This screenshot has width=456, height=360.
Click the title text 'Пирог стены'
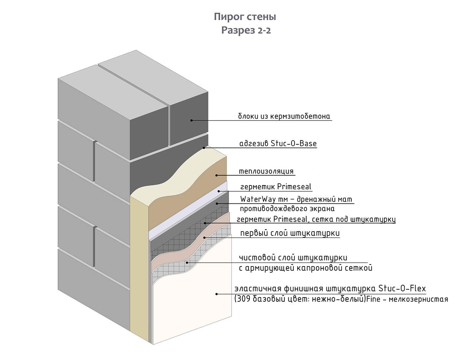[x=245, y=17]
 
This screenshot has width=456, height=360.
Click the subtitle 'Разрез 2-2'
[x=246, y=30]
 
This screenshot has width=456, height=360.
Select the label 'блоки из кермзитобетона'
[x=284, y=116]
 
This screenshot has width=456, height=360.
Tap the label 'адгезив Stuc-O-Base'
[x=278, y=144]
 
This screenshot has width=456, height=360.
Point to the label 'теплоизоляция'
[x=266, y=171]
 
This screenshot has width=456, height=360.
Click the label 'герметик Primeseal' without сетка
[x=276, y=187]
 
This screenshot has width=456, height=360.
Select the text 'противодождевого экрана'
[x=287, y=209]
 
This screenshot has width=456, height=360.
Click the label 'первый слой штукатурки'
[x=290, y=233]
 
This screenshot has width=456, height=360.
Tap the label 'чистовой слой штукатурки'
[x=293, y=258]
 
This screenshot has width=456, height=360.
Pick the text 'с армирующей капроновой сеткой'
[x=306, y=268]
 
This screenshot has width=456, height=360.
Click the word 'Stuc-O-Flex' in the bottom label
[x=402, y=289]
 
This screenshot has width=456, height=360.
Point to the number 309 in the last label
[x=242, y=299]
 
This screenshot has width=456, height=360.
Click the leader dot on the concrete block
[x=192, y=121]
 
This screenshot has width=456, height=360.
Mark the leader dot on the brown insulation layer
[x=216, y=175]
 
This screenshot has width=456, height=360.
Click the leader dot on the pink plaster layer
[x=205, y=238]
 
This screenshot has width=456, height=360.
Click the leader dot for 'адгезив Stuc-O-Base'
[x=204, y=148]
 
